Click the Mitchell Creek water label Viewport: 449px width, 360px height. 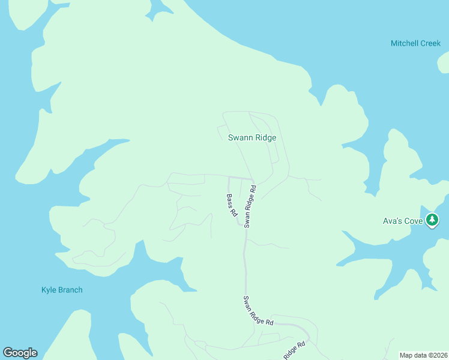pyautogui.click(x=415, y=44)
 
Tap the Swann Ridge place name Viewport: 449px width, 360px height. pyautogui.click(x=252, y=137)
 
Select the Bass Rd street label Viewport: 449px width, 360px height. pyautogui.click(x=232, y=206)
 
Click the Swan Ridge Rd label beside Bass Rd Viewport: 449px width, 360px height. pyautogui.click(x=250, y=206)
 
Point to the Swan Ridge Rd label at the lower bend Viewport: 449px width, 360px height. pyautogui.click(x=259, y=311)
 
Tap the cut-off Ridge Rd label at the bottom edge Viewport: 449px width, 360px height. pyautogui.click(x=294, y=350)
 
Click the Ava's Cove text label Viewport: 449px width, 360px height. pyautogui.click(x=403, y=221)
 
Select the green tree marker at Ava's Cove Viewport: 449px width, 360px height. pyautogui.click(x=432, y=220)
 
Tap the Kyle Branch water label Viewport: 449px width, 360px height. pyautogui.click(x=62, y=290)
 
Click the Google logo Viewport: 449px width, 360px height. pyautogui.click(x=20, y=353)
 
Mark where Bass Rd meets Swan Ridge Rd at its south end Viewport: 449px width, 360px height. pyautogui.click(x=242, y=225)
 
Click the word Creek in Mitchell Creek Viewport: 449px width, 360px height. pyautogui.click(x=430, y=44)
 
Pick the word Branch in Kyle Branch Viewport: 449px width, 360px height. pyautogui.click(x=70, y=290)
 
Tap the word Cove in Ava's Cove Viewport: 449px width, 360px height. pyautogui.click(x=413, y=221)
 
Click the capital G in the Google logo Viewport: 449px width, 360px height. pyautogui.click(x=8, y=353)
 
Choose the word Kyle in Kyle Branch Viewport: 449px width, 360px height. pyautogui.click(x=48, y=290)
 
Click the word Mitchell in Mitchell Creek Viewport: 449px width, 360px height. pyautogui.click(x=403, y=44)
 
